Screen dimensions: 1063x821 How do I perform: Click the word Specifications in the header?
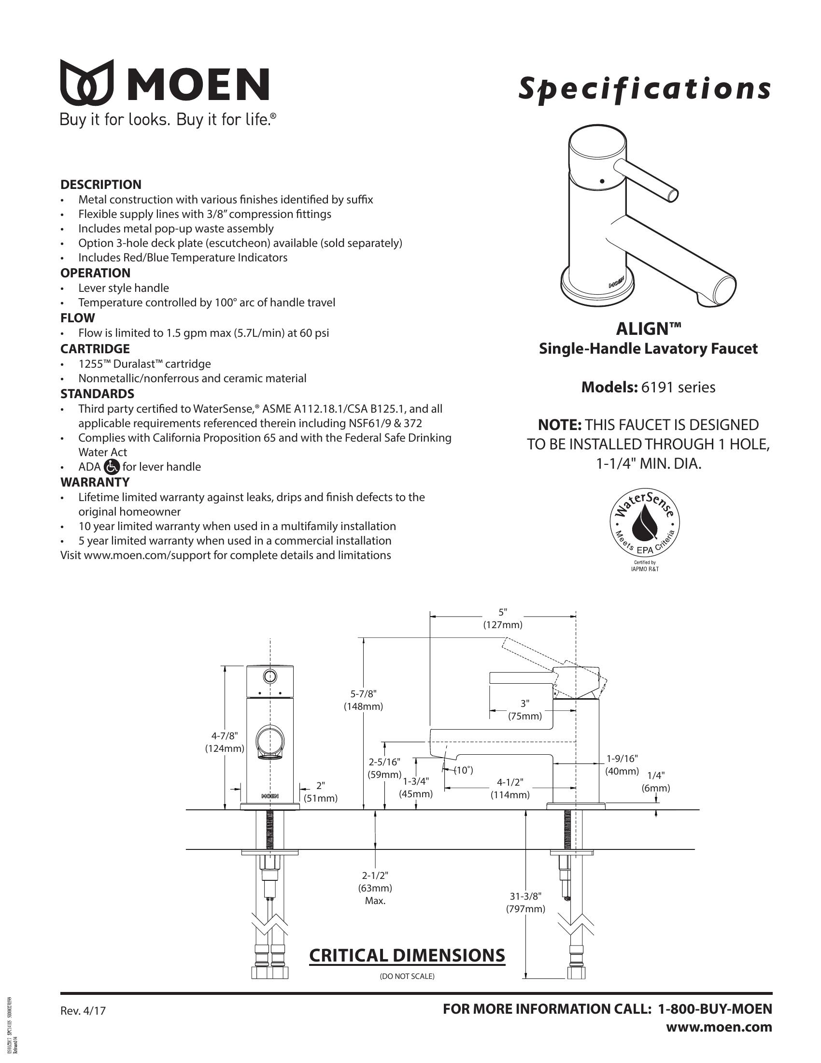[x=644, y=89]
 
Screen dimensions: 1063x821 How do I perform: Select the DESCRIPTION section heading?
[x=100, y=185]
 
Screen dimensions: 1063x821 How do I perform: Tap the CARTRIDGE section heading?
[x=95, y=348]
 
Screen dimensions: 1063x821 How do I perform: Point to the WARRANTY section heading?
[x=95, y=482]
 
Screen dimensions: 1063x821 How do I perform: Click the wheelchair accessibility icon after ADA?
[x=112, y=467]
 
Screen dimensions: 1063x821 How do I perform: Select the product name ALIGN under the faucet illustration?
[x=648, y=329]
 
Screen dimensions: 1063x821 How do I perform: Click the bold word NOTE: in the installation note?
[x=559, y=425]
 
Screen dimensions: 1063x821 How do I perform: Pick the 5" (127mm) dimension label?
[x=502, y=618]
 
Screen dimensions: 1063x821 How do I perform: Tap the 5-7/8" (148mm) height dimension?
[x=363, y=700]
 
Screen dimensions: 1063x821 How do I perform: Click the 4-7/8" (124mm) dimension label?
[x=224, y=742]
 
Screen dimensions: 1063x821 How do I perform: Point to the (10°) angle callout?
[x=463, y=771]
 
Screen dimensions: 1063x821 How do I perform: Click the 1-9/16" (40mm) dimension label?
[x=622, y=765]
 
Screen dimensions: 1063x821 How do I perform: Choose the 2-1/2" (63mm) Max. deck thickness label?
[x=375, y=888]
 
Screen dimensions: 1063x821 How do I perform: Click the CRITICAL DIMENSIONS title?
[x=407, y=955]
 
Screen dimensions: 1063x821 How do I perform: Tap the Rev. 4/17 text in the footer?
[x=83, y=1011]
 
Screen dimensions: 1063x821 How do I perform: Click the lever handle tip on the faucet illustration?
[x=673, y=195]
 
